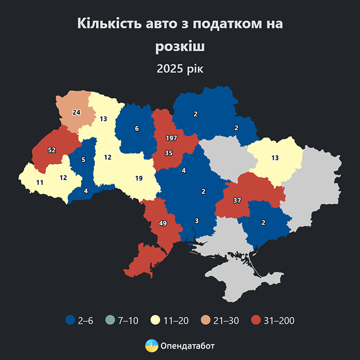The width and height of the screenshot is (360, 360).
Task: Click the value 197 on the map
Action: (x=171, y=139)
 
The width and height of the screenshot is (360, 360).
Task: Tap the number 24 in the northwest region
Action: (x=77, y=112)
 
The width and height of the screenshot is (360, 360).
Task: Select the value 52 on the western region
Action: (x=52, y=150)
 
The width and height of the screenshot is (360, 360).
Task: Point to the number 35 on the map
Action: (x=169, y=153)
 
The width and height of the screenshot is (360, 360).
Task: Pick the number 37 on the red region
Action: (x=237, y=200)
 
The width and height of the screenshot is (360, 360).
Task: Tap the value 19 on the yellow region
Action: (x=139, y=178)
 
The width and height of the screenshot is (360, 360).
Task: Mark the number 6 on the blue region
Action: (x=137, y=129)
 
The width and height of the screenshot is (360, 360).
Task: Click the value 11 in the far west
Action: (x=40, y=182)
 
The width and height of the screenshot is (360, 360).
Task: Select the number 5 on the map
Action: (x=83, y=159)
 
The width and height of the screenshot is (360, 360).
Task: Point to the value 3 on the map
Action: (x=196, y=221)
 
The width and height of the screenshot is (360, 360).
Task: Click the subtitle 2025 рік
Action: (x=180, y=68)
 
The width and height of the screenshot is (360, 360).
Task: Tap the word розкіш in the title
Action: (x=180, y=46)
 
